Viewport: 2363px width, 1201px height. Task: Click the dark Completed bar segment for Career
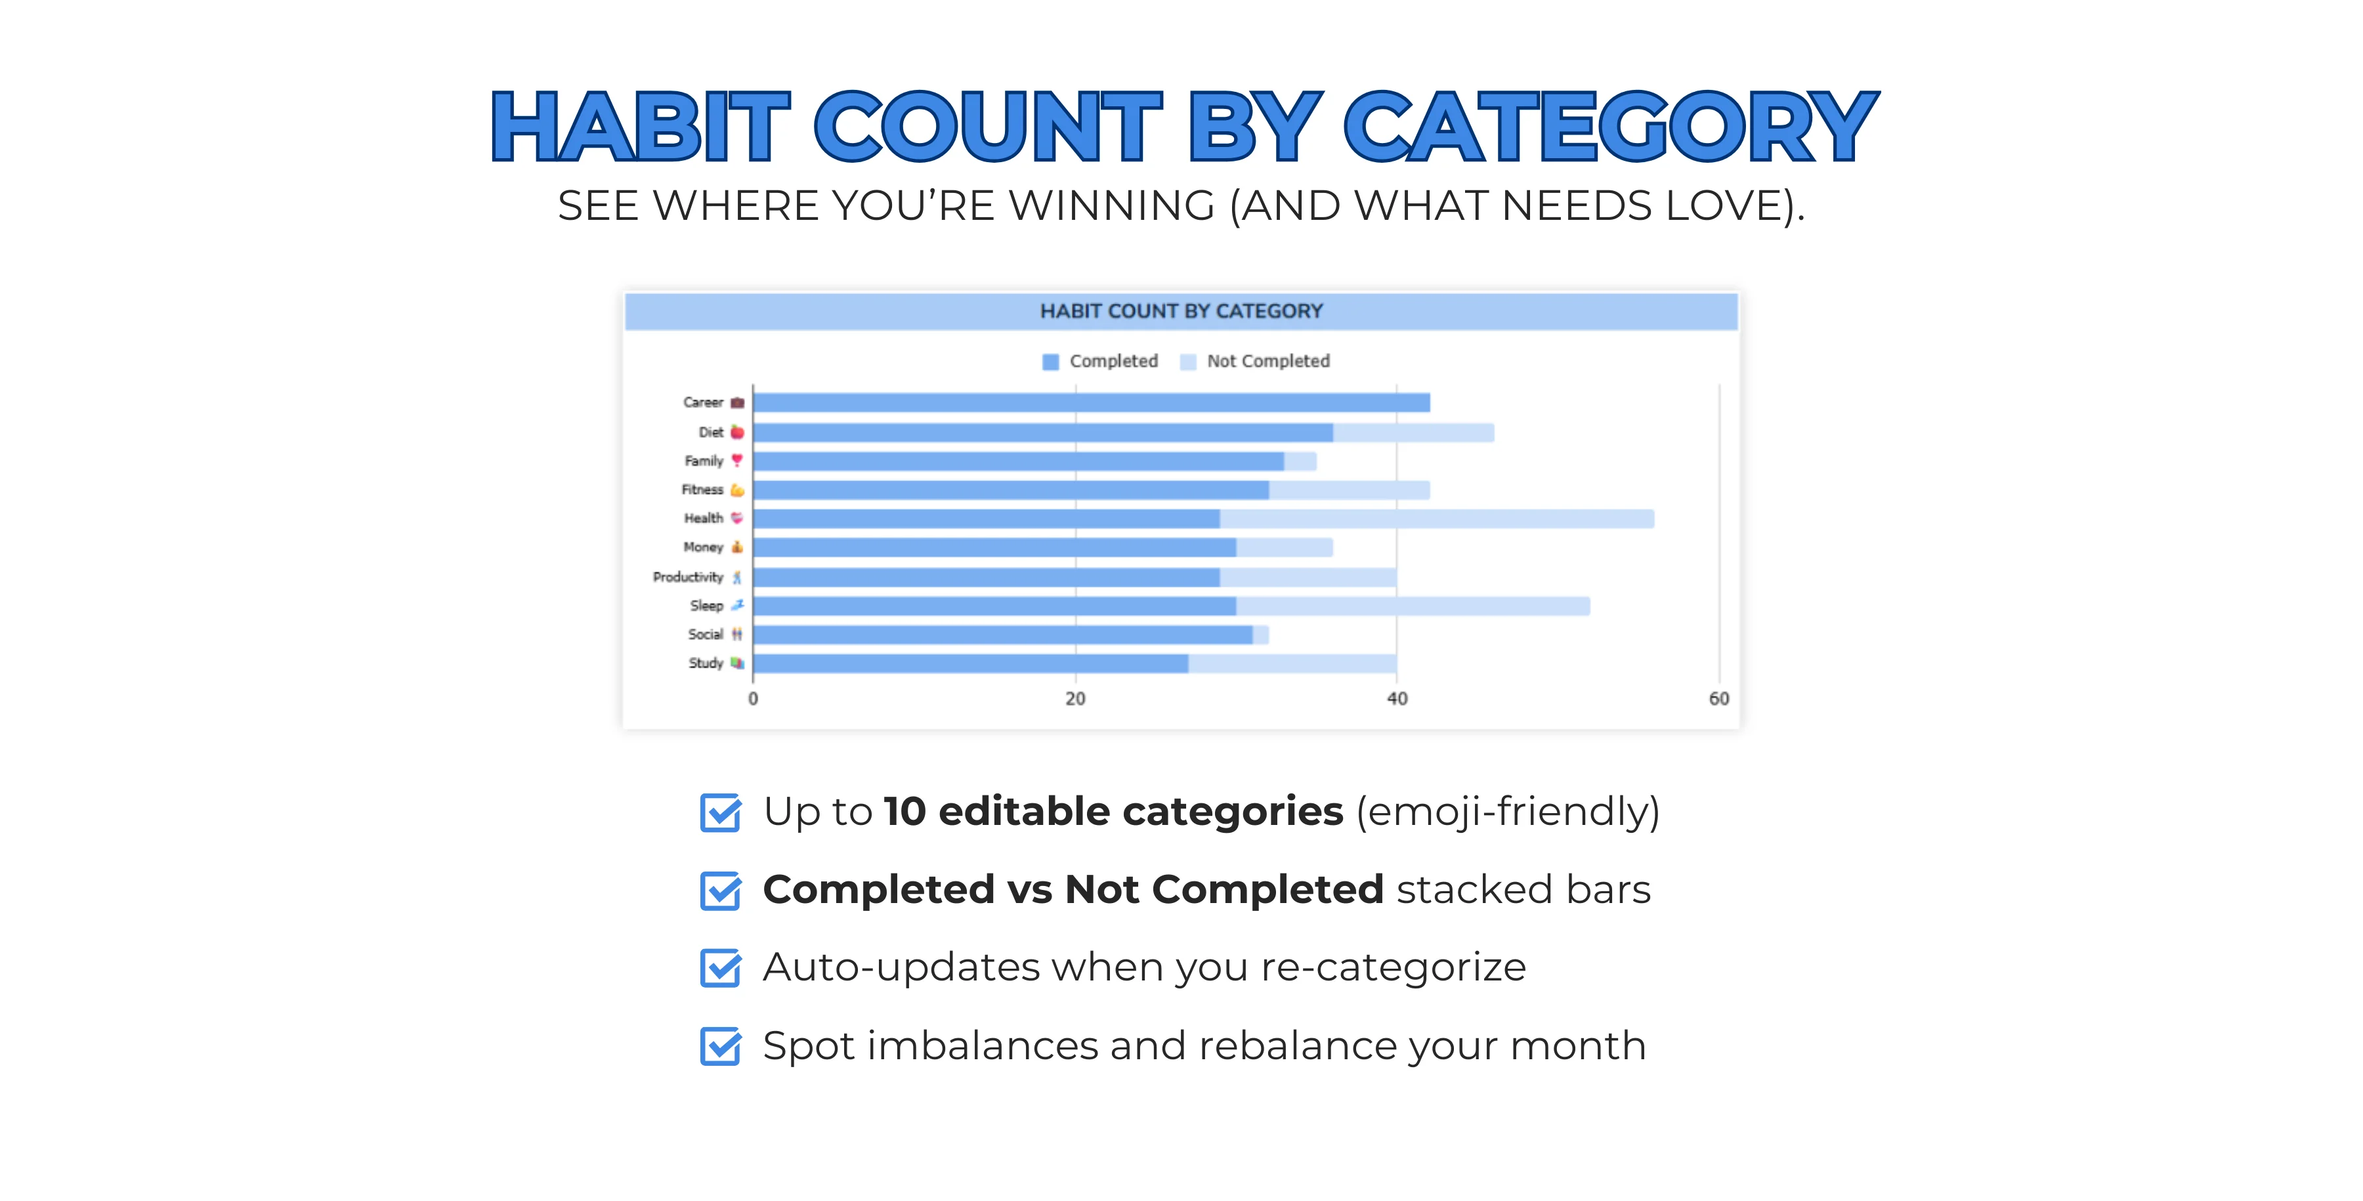pyautogui.click(x=1091, y=403)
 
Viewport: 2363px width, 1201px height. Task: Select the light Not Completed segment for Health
pyautogui.click(x=1437, y=519)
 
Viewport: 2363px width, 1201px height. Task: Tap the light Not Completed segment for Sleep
pyautogui.click(x=1413, y=606)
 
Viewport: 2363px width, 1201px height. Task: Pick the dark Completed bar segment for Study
pyautogui.click(x=971, y=664)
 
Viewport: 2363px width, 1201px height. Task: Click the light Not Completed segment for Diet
pyautogui.click(x=1414, y=432)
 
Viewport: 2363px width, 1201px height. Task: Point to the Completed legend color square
pyautogui.click(x=1050, y=362)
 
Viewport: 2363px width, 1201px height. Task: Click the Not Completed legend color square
pyautogui.click(x=1188, y=362)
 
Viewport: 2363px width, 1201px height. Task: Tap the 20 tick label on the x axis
pyautogui.click(x=1075, y=699)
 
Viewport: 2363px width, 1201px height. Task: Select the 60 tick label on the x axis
pyautogui.click(x=1718, y=699)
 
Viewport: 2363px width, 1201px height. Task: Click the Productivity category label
pyautogui.click(x=688, y=577)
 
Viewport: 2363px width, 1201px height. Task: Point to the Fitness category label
pyautogui.click(x=702, y=490)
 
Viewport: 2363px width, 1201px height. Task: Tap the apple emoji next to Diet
pyautogui.click(x=736, y=432)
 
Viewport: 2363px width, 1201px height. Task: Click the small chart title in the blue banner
pyautogui.click(x=1181, y=312)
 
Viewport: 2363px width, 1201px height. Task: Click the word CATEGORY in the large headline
pyautogui.click(x=1611, y=127)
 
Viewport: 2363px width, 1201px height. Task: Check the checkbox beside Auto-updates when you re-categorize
pyautogui.click(x=721, y=967)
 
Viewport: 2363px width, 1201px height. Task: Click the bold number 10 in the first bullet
pyautogui.click(x=905, y=812)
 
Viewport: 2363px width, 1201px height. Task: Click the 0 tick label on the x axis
pyautogui.click(x=753, y=699)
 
